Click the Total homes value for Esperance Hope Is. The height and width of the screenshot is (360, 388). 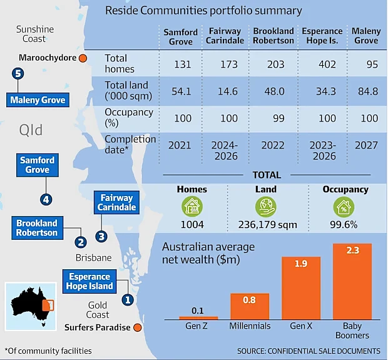coord(327,64)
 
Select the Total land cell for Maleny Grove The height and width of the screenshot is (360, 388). coord(368,91)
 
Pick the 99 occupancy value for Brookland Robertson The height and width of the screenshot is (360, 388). coord(278,118)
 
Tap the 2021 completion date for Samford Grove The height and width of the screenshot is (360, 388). coord(180,145)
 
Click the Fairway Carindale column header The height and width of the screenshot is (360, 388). coord(225,36)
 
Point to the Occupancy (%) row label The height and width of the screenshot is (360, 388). coord(129,118)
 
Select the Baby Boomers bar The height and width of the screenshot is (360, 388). coord(352,282)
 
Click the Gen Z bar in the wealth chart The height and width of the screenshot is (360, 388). coord(198,318)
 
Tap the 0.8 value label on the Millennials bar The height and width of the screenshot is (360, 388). coord(249,300)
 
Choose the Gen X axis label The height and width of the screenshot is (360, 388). coord(301,326)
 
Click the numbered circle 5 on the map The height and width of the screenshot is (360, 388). coord(18,73)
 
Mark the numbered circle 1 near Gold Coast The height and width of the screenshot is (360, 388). coord(128,300)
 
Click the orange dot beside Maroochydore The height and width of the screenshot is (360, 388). coord(83,58)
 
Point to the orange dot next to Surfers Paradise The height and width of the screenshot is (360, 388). coord(138,327)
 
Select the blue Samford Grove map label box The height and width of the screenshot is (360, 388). coord(38,165)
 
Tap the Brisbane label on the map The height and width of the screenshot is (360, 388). coord(93,258)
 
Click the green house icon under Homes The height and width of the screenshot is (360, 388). coord(192,207)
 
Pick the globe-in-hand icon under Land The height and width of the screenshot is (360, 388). coord(266,207)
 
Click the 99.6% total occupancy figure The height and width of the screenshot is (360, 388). coord(344,225)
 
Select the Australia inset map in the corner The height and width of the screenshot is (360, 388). coord(31,307)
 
